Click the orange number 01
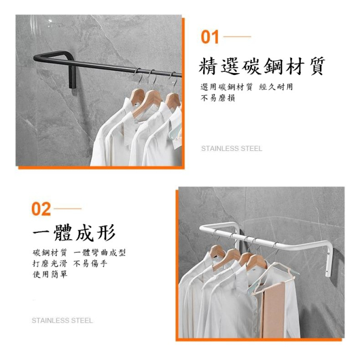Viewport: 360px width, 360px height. click(x=210, y=37)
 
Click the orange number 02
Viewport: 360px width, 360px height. click(x=41, y=209)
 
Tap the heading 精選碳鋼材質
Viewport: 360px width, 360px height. click(x=262, y=66)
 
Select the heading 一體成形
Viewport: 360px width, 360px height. click(x=74, y=233)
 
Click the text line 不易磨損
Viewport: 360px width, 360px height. click(x=218, y=98)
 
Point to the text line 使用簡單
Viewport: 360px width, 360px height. click(x=50, y=274)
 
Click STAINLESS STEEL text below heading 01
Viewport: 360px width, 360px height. click(x=232, y=149)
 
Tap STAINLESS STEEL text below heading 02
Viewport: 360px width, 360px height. click(x=62, y=321)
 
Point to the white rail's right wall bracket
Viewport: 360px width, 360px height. click(x=329, y=260)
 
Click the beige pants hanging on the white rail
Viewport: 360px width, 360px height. click(x=273, y=310)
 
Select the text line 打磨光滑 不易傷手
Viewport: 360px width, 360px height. click(x=70, y=264)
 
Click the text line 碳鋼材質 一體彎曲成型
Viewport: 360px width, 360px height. click(x=79, y=253)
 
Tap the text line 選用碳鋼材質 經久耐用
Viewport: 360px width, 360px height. click(x=247, y=87)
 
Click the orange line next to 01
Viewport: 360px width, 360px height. click(x=237, y=37)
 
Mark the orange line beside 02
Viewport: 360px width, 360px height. click(x=67, y=208)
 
